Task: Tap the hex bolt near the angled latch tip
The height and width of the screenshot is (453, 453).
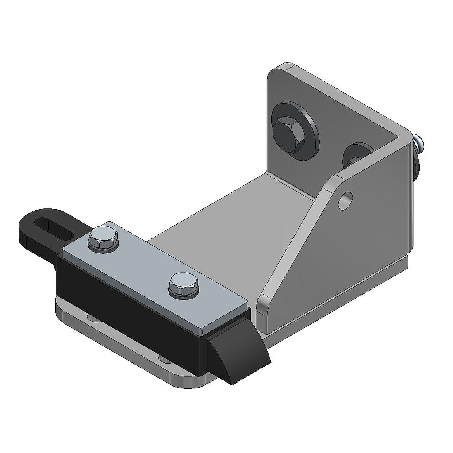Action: (x=184, y=286)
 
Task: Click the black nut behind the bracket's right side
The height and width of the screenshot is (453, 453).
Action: (x=416, y=164)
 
